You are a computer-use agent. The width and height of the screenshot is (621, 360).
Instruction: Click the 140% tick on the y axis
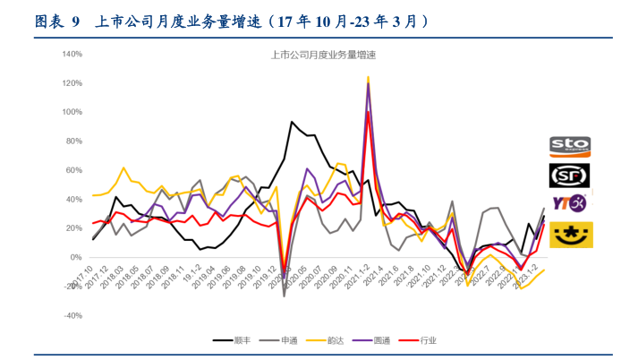point(71,54)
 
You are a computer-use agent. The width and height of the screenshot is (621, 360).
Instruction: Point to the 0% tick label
point(75,257)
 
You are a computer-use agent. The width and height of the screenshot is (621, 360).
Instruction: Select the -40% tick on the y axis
point(72,315)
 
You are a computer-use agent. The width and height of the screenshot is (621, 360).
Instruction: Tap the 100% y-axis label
point(71,112)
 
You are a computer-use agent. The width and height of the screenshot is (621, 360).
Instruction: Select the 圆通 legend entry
point(385,340)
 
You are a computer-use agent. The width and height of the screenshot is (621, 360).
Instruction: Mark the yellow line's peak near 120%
point(368,78)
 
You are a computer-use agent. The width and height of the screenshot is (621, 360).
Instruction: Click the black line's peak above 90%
point(292,122)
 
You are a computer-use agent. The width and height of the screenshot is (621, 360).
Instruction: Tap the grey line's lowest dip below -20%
point(285,296)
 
